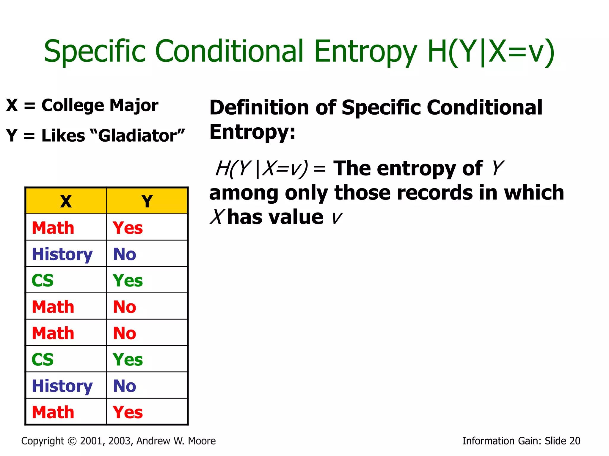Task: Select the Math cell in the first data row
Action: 53,228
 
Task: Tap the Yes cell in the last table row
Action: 128,412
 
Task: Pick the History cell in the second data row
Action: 62,254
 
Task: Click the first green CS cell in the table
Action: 43,281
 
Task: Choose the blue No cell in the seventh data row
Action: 125,386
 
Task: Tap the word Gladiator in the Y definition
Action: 138,136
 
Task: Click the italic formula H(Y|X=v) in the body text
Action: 262,169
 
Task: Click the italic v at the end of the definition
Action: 337,218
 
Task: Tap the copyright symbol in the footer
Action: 72,441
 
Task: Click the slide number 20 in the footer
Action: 575,441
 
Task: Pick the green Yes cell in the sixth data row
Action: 128,360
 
